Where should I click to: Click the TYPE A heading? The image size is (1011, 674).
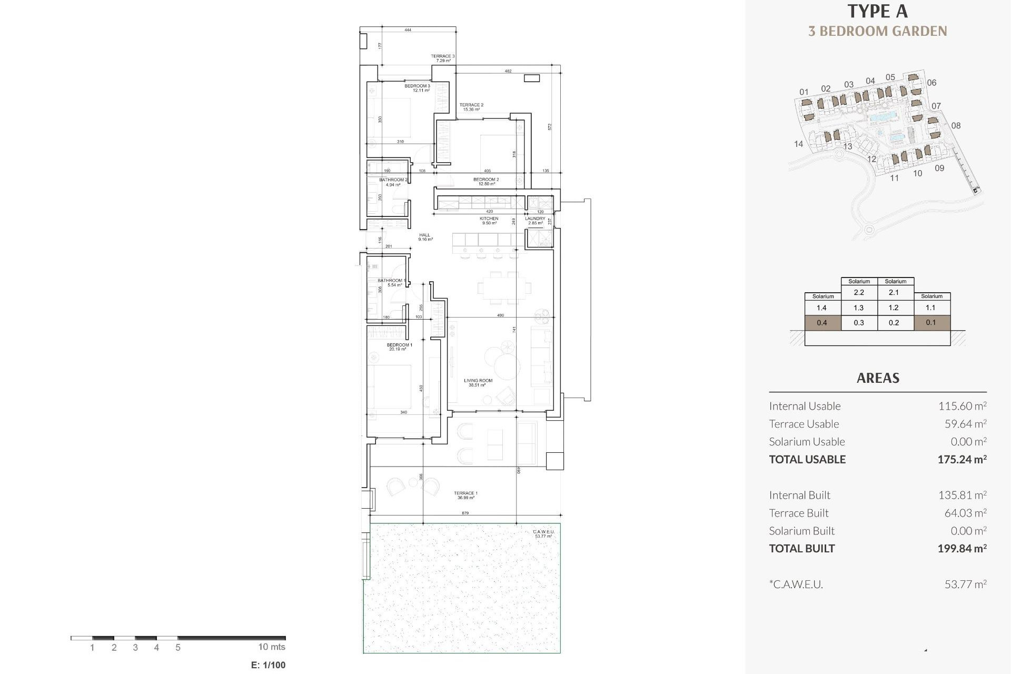877,11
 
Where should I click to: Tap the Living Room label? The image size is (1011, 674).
478,382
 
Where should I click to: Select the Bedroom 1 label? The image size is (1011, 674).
399,347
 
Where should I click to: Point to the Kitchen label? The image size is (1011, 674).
489,221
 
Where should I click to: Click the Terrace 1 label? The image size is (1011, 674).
465,495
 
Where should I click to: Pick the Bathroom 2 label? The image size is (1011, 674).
393,182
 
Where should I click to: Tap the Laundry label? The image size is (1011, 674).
535,221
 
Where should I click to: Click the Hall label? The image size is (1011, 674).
425,237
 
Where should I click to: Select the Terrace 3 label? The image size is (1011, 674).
442,58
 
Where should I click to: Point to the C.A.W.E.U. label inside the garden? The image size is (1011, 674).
543,534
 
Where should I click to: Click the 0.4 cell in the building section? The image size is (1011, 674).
822,323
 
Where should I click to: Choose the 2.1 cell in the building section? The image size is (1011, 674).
894,292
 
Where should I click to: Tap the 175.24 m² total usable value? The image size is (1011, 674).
962,459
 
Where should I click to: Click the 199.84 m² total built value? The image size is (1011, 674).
962,548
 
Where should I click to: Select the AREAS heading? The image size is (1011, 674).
877,378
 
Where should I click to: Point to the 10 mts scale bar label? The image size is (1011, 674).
271,647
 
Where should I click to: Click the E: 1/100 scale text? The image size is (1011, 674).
268,665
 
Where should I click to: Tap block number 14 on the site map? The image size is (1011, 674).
798,144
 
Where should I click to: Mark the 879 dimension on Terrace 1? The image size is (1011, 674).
465,513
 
